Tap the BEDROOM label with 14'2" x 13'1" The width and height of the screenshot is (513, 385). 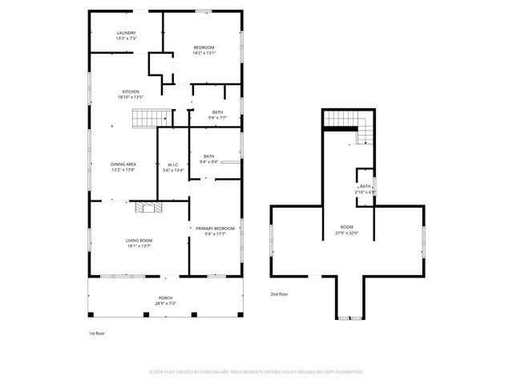point(204,47)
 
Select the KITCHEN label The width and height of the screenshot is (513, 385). point(131,91)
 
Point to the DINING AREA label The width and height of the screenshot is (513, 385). point(123,164)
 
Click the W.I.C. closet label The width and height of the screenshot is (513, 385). point(173,164)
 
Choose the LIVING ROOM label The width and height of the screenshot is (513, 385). point(139,240)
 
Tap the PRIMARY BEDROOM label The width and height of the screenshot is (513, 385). point(215,229)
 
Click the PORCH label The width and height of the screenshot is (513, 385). point(164,298)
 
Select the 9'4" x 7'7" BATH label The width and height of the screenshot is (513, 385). point(217,112)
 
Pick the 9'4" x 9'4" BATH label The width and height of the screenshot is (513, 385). point(208,156)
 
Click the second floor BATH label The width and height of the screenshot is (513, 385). point(366,186)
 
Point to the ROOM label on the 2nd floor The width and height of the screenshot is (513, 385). point(346,227)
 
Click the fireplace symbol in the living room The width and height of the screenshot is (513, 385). point(148,208)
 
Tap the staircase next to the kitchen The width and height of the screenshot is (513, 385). point(151,119)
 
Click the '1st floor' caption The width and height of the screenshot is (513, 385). point(96,333)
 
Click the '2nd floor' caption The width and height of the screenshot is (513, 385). point(279,294)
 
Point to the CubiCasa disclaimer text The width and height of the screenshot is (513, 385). point(256,372)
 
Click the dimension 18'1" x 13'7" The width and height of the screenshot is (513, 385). point(139,246)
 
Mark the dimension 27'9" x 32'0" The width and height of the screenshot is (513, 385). point(346,233)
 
